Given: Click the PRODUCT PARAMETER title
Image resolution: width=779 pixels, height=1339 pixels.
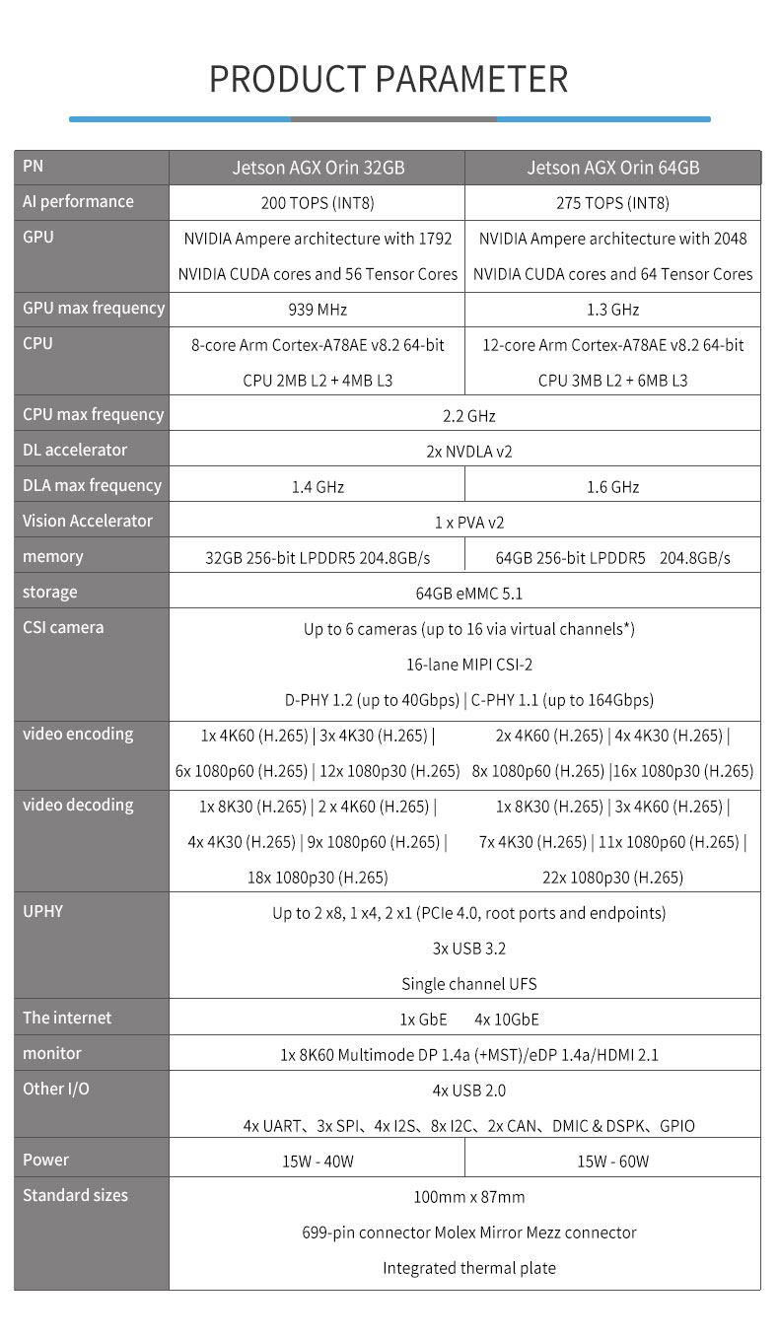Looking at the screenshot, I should pos(389,79).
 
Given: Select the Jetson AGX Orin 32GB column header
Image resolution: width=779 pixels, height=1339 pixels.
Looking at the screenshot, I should pos(318,168).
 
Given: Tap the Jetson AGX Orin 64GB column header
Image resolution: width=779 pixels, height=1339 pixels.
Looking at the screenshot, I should pos(612,168).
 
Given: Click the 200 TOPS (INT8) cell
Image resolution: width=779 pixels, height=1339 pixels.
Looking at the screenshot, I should pos(318,203).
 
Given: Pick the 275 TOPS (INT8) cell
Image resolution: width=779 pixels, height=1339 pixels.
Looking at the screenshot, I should pos(612,203).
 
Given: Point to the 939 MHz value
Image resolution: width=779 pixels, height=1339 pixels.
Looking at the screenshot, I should pos(318,310).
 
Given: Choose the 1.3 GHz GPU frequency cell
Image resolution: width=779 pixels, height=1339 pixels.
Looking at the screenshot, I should pos(612,310).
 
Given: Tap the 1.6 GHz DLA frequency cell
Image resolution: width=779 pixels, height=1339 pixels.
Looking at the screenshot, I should pos(612,487).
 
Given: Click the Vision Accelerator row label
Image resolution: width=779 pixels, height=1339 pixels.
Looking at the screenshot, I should pos(88,521).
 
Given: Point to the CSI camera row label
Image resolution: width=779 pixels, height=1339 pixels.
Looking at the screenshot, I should pos(63,627).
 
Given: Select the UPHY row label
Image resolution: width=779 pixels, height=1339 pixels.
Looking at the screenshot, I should pos(43,911).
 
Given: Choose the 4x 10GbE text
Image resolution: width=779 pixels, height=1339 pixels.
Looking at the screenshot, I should pos(506,1020).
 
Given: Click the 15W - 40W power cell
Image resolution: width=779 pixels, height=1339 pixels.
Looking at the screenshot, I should pos(318,1162).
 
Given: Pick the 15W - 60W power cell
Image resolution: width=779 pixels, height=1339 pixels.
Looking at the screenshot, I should pos(612,1162).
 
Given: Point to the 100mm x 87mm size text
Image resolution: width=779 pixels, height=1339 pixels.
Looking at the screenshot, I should pos(468,1197).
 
